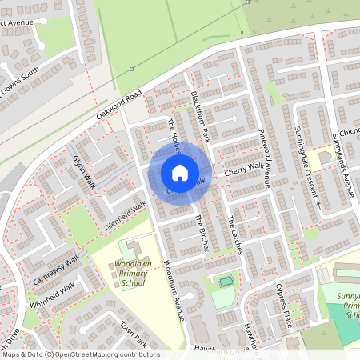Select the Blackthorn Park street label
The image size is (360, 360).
pos(200,117)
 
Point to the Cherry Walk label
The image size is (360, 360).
pos(243,170)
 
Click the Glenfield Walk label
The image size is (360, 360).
pos(126,216)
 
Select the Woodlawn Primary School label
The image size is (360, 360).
pos(130,273)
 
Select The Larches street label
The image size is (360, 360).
pos(234,234)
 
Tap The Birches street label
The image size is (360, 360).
pos(201,233)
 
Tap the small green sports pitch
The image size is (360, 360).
pos(226,282)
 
